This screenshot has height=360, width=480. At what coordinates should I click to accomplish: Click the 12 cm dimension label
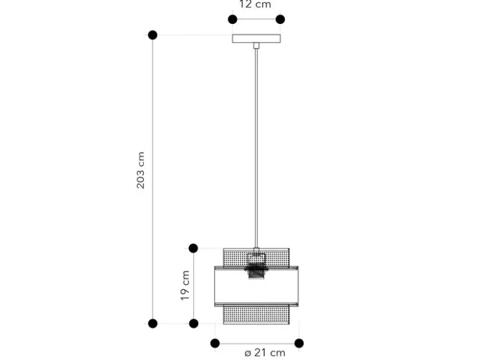coord(255,4)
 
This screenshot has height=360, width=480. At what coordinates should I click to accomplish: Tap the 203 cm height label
coord(140,170)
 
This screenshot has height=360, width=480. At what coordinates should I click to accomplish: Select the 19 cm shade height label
coord(185,286)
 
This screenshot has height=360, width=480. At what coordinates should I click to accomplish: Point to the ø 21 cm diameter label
coord(265,353)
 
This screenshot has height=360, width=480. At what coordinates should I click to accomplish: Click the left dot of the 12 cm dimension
coord(233,19)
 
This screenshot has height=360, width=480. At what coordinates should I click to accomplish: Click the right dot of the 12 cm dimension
coord(280,19)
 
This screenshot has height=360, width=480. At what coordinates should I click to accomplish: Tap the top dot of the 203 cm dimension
coord(153,35)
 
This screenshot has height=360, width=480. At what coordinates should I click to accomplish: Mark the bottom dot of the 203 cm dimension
coord(153,323)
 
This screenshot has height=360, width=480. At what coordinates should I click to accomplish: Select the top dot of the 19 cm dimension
coord(193,248)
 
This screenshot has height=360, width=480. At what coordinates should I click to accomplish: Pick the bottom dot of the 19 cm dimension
coord(193,323)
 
